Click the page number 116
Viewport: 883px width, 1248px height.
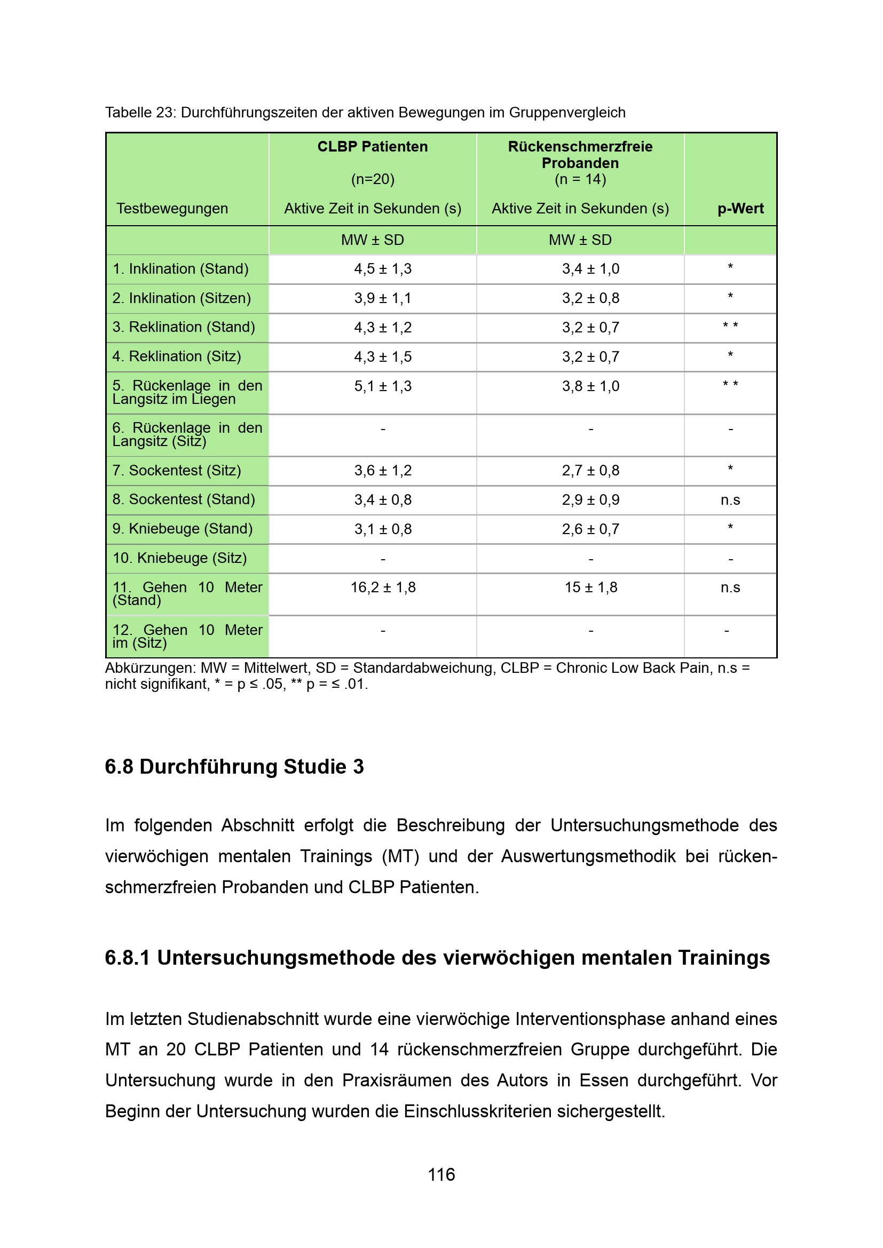[441, 1174]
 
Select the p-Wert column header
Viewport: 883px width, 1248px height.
[740, 208]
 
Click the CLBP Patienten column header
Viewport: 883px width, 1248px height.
[373, 147]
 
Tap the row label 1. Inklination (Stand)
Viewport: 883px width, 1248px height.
[180, 269]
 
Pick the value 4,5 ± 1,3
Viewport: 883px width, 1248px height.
[383, 269]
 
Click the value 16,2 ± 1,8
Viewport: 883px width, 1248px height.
[383, 587]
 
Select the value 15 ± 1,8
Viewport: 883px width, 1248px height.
[590, 587]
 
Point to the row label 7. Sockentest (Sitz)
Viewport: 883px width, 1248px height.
[177, 470]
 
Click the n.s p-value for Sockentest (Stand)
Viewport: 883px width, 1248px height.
[730, 499]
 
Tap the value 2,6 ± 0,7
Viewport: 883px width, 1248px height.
[590, 529]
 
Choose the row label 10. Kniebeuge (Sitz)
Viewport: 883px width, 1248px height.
[179, 558]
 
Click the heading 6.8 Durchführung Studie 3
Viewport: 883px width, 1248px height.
[234, 766]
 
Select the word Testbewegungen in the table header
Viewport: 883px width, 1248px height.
[172, 208]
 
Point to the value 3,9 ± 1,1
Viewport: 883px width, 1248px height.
[383, 298]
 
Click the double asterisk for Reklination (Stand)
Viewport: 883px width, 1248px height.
[730, 326]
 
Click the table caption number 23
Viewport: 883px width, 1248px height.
[164, 113]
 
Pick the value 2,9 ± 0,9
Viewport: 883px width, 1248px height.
[590, 499]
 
